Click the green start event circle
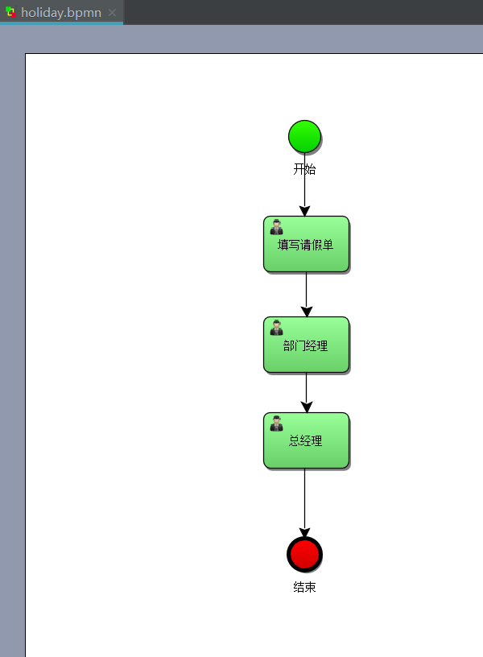coord(304,136)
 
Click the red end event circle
coord(304,554)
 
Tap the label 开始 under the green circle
coord(304,169)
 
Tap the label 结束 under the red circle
coord(304,587)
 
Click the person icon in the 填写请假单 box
coord(277,227)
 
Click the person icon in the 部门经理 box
coord(277,327)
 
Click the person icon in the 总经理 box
coord(277,424)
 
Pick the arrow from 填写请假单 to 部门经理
coord(306,290)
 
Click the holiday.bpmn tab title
coord(61,12)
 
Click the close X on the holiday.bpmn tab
coord(112,12)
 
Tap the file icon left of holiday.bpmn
coord(10,12)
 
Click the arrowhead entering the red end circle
coord(304,531)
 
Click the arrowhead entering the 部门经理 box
coord(306,312)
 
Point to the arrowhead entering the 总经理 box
coord(306,407)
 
